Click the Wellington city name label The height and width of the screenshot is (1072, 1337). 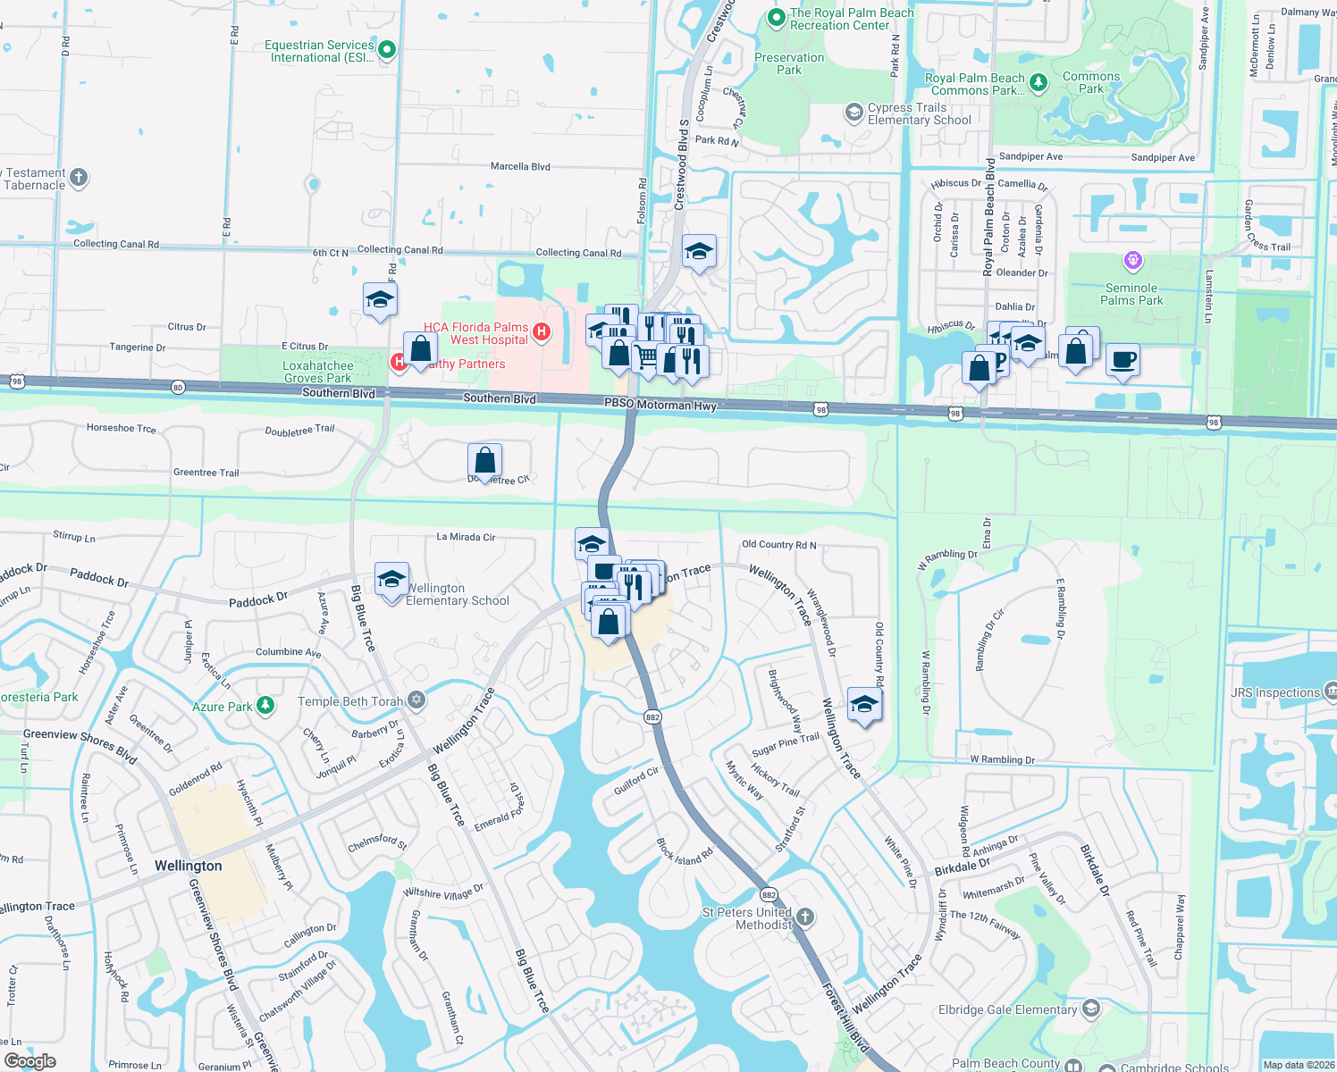tap(188, 866)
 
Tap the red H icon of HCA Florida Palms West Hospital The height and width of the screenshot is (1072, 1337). tap(541, 333)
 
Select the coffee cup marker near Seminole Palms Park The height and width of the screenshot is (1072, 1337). tap(1123, 360)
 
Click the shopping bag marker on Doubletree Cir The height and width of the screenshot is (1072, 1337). tap(484, 461)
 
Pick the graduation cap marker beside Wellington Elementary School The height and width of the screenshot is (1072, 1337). tap(391, 580)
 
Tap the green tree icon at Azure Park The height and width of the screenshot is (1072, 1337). tap(265, 706)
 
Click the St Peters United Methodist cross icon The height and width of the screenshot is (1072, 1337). tap(805, 917)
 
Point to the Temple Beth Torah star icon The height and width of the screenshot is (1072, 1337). tap(416, 700)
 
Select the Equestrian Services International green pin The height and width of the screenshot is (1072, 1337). tap(387, 50)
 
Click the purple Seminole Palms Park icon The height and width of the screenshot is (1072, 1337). tap(1132, 261)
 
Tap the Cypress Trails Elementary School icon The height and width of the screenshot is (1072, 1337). tap(853, 113)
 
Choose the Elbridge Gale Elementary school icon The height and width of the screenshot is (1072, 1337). tap(1090, 1009)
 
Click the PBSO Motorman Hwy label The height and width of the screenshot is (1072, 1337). tap(660, 405)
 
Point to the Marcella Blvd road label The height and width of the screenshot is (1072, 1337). tap(520, 166)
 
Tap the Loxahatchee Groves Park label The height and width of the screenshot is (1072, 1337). tap(318, 372)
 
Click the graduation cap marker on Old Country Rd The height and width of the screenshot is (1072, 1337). tap(863, 706)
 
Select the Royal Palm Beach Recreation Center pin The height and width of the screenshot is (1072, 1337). tap(776, 18)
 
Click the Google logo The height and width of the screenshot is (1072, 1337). tap(30, 1060)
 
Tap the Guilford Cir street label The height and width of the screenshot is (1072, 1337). tap(636, 780)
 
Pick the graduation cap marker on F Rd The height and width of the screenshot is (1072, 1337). tap(380, 300)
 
